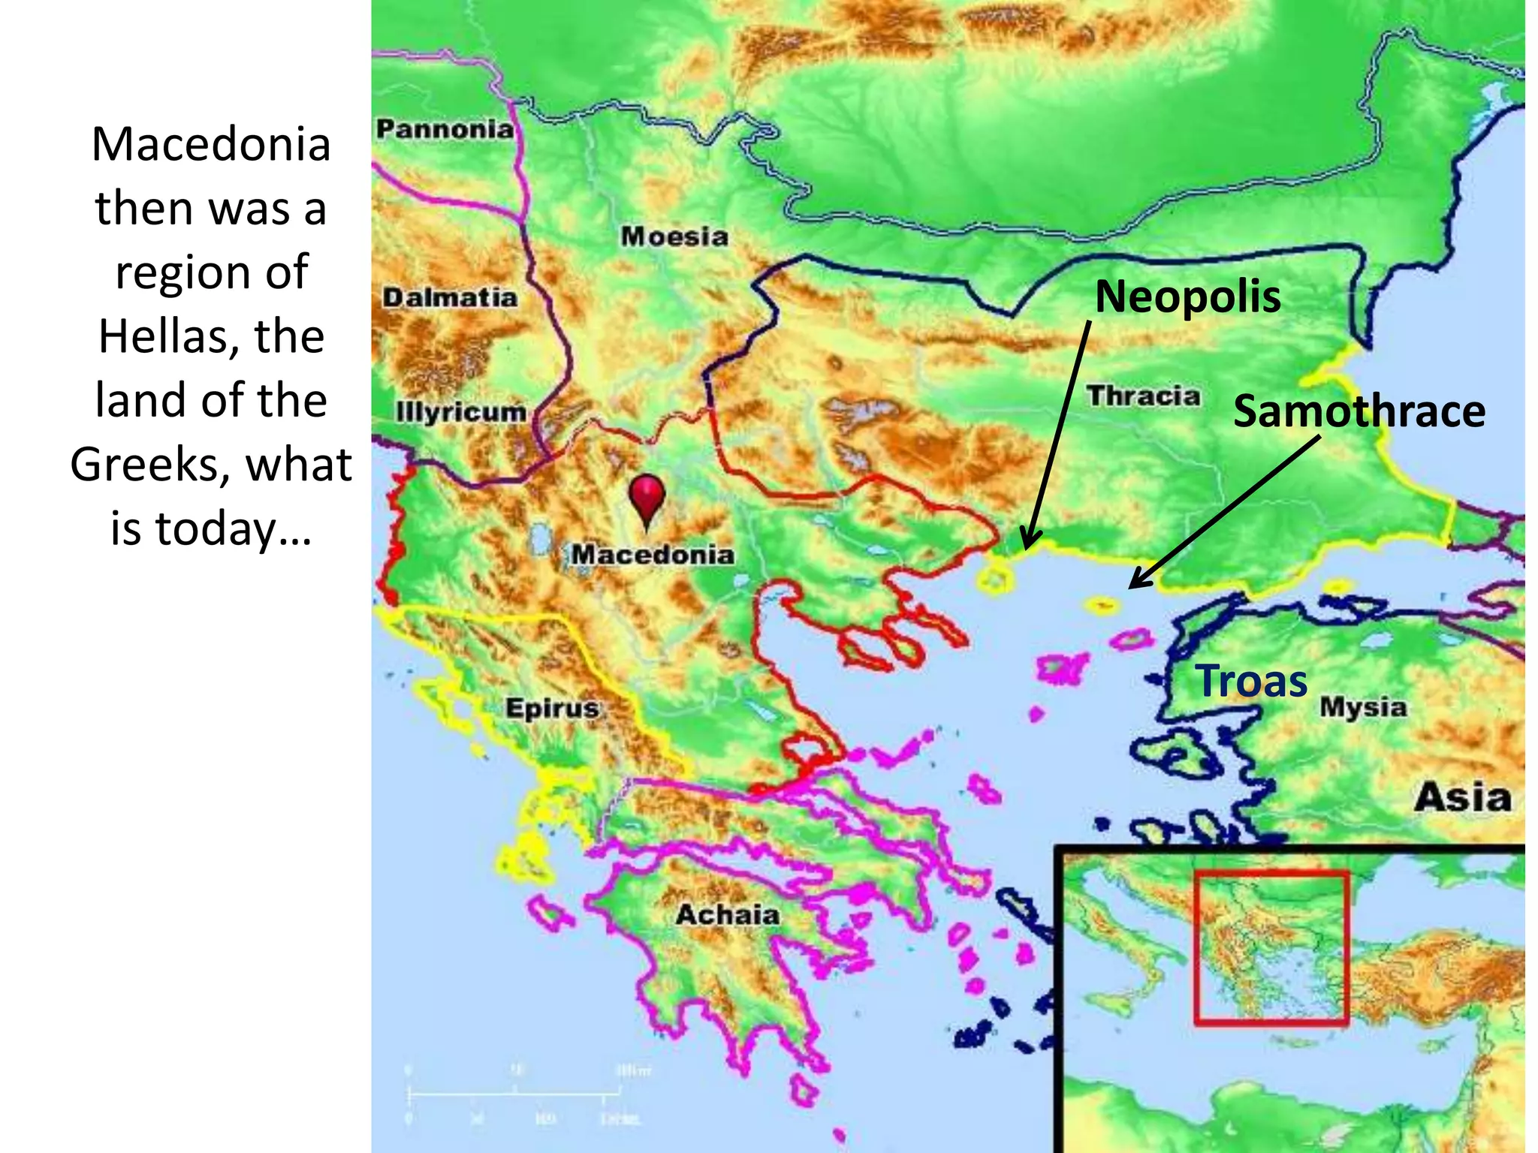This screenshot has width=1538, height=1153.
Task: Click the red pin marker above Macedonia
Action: (x=647, y=497)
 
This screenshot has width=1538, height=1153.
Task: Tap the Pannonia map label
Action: (x=445, y=129)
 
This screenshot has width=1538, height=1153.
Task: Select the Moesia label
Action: (x=674, y=237)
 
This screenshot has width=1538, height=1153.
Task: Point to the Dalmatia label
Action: (x=450, y=298)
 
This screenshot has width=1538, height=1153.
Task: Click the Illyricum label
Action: (x=461, y=412)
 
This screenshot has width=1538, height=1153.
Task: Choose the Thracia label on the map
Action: (x=1144, y=396)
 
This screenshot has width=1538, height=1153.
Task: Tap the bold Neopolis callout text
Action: (x=1187, y=297)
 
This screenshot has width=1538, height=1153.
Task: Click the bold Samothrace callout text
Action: (x=1359, y=411)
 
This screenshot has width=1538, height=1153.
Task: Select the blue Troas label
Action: (x=1252, y=681)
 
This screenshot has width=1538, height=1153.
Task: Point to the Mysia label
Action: (x=1363, y=707)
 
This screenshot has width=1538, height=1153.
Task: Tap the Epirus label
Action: (x=552, y=708)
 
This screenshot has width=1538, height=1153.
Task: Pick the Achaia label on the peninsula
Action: (x=727, y=915)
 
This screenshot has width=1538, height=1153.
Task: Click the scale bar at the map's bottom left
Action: (x=507, y=1094)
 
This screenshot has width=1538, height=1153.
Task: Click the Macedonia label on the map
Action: (x=653, y=555)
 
